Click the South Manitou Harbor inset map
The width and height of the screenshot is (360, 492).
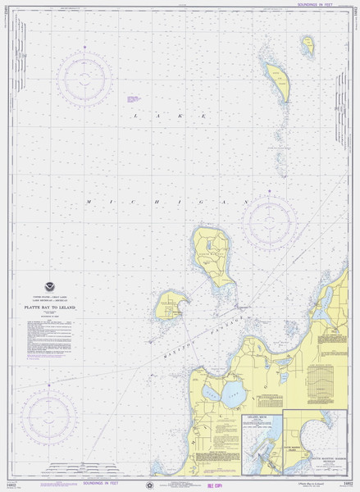tap(319, 440)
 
